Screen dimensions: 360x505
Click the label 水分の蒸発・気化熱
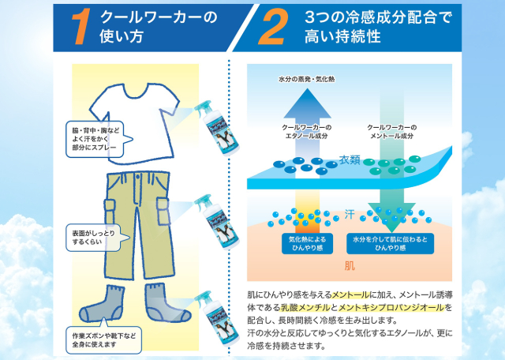(x=305, y=81)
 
